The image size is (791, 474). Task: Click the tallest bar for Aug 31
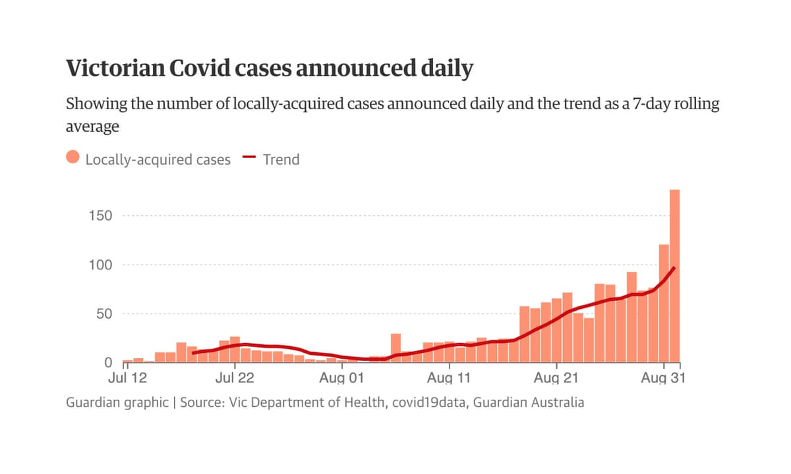tap(674, 276)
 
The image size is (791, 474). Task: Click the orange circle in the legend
tap(73, 158)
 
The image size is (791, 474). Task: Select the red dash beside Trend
tap(249, 158)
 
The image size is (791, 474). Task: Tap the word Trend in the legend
tap(281, 159)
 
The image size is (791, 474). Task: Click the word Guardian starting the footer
tap(92, 402)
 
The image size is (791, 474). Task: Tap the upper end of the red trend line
tap(674, 268)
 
